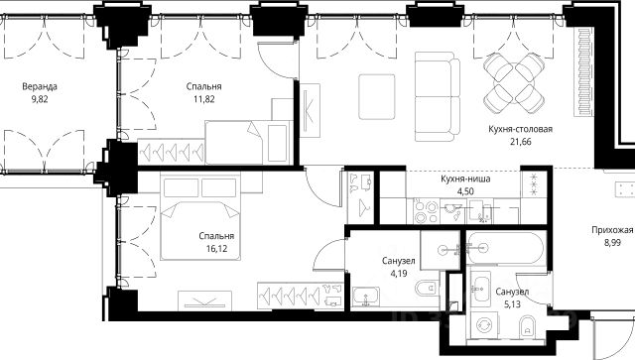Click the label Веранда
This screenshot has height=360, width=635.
coord(40,86)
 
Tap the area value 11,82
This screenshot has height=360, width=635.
coord(203,99)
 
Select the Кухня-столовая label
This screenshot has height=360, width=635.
coord(520,129)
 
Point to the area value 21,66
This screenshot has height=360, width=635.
coord(520,142)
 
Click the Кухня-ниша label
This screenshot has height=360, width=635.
coord(465,179)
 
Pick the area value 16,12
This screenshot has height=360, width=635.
coord(216,249)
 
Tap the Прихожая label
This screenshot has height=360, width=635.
coord(612,230)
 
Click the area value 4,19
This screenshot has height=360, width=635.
coord(399,274)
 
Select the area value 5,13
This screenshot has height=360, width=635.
coord(512,304)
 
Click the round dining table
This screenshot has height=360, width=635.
coord(514,83)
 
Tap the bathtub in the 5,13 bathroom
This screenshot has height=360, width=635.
coord(505,248)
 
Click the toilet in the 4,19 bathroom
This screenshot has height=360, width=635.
coord(427,289)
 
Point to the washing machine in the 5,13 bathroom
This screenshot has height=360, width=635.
coord(483,324)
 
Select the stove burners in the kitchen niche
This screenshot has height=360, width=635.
coord(426,211)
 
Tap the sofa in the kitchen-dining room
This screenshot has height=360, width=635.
coord(438,97)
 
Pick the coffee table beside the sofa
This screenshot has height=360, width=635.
coord(377,97)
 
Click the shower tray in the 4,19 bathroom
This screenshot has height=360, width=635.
coord(441,250)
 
